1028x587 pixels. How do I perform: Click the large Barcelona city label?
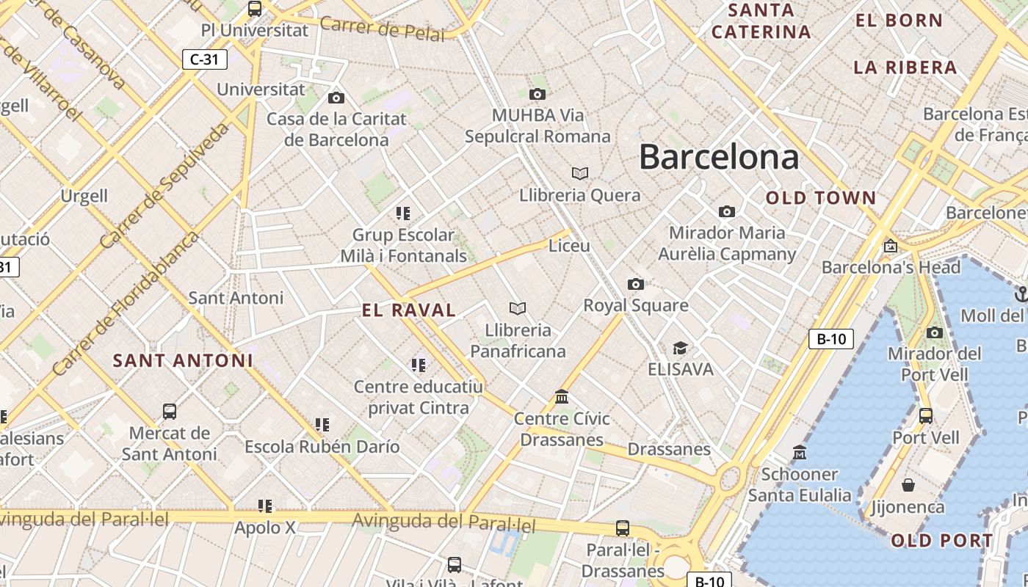pos(719,157)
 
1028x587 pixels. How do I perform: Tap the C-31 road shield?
pos(204,59)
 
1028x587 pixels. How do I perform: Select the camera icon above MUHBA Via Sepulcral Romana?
pos(537,94)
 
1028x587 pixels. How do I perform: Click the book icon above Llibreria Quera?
pos(580,173)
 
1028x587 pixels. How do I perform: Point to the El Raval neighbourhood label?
pos(409,310)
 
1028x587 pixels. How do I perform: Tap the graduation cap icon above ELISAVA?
pos(681,347)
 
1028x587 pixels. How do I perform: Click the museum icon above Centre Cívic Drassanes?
pos(562,397)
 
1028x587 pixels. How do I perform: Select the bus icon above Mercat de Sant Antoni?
pos(170,411)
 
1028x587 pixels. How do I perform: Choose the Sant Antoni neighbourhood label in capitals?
pos(183,360)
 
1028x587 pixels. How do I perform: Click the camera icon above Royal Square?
pos(636,284)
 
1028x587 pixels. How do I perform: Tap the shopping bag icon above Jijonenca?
pos(908,485)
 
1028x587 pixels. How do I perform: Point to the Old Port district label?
pos(942,541)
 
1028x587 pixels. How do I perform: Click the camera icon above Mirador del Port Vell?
pos(935,332)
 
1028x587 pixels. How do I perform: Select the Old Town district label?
pos(821,198)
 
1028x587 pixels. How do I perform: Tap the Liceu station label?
pos(569,246)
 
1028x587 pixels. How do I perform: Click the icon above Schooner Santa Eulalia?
pos(800,453)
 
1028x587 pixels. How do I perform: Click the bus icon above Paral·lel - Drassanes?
pos(623,528)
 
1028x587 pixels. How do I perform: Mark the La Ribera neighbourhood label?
pos(905,68)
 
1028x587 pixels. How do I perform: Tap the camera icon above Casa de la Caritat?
pos(336,98)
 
